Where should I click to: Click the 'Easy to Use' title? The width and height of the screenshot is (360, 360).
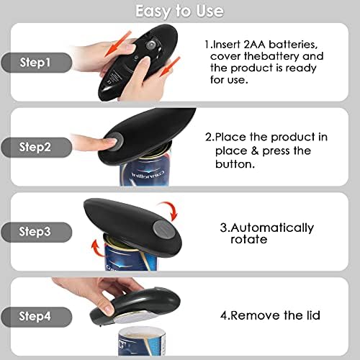pos(179,11)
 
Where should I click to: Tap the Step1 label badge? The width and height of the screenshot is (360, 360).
pos(37,63)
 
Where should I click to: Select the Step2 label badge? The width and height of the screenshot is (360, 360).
pos(37,147)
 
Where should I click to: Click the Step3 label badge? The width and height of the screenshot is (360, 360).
pos(37,232)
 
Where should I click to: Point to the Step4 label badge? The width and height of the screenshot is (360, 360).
pos(37,317)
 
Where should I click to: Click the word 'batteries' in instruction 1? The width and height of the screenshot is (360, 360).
pos(293,45)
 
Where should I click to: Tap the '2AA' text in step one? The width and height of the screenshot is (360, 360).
pos(254,45)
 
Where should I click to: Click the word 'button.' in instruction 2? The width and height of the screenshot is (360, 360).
pos(235,164)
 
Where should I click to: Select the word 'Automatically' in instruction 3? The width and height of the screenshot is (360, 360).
pos(272,228)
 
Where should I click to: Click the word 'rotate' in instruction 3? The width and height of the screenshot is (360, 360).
pos(249,239)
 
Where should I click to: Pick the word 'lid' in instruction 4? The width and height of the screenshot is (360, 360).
pos(313,315)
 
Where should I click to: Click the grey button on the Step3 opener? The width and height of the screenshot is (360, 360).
pos(164,230)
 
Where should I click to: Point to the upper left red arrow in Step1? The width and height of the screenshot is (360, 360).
pos(118,43)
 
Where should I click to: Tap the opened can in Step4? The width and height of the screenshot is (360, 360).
pos(142,341)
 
